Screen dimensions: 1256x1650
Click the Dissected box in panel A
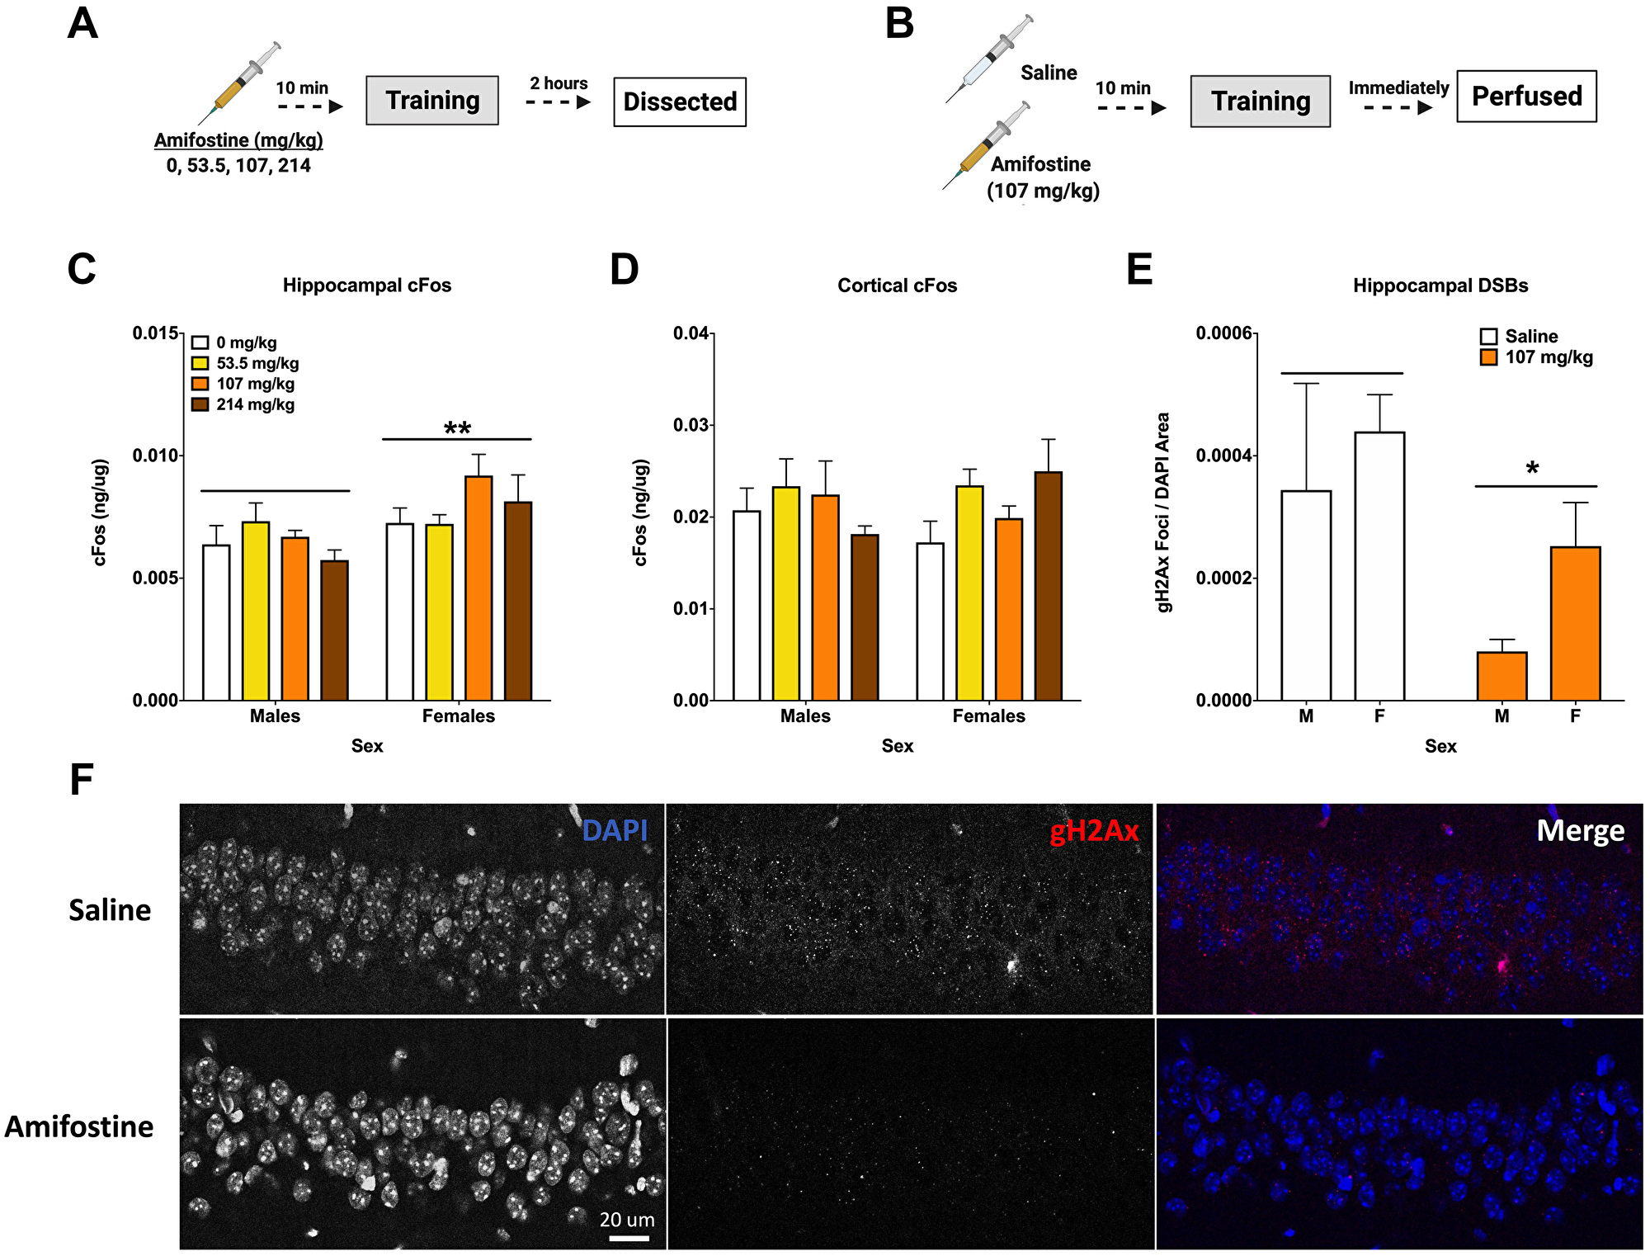click(680, 102)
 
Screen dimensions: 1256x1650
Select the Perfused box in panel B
click(1526, 97)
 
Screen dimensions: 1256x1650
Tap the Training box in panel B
click(1260, 102)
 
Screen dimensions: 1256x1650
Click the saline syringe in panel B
click(989, 59)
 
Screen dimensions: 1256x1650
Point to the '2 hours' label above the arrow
click(559, 83)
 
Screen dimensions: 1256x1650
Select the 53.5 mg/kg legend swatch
click(200, 363)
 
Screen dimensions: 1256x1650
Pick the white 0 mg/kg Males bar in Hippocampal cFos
click(216, 622)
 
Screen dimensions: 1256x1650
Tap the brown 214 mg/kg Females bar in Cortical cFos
click(1048, 586)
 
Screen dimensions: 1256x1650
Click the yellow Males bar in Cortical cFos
click(785, 593)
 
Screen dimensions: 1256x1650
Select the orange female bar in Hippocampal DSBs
click(1575, 623)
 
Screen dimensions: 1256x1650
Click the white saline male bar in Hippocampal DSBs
click(1306, 595)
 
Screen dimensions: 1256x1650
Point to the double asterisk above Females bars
click(457, 428)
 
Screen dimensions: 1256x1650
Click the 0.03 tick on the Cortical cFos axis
click(691, 425)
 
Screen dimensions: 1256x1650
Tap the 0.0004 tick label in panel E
click(1223, 456)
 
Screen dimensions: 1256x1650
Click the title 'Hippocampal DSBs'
click(1440, 286)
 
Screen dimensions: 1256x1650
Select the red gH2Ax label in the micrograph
click(1094, 831)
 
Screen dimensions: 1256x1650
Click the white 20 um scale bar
click(629, 1238)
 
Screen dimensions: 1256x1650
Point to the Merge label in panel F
click(1580, 830)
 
